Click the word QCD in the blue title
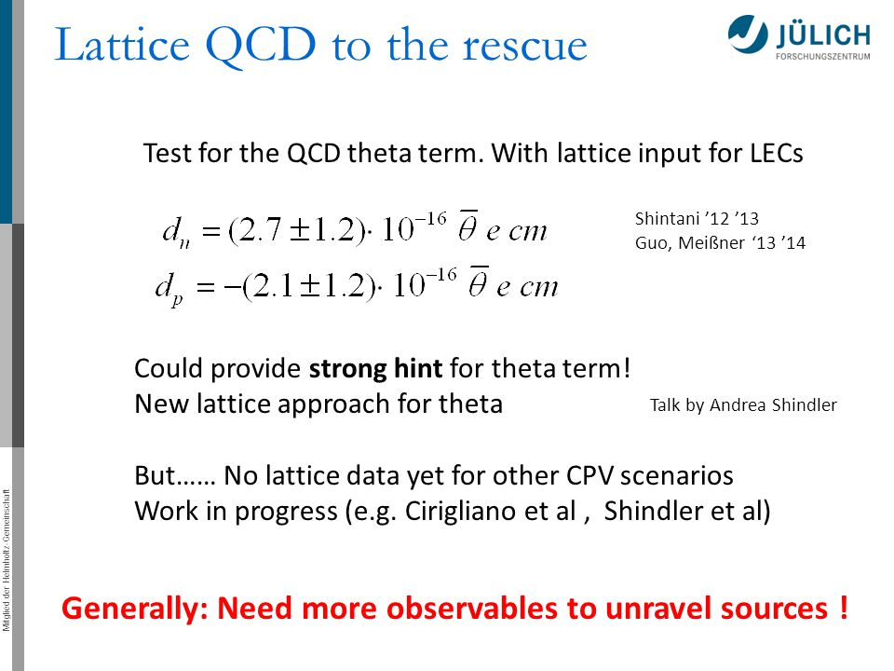click(260, 46)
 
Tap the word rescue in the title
click(524, 46)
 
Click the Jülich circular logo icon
click(748, 34)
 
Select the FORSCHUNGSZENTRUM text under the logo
click(822, 57)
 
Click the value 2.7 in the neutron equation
click(261, 230)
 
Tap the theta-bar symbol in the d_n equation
click(467, 226)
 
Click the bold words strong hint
click(375, 369)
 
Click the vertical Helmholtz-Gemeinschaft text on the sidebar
click(7, 560)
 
